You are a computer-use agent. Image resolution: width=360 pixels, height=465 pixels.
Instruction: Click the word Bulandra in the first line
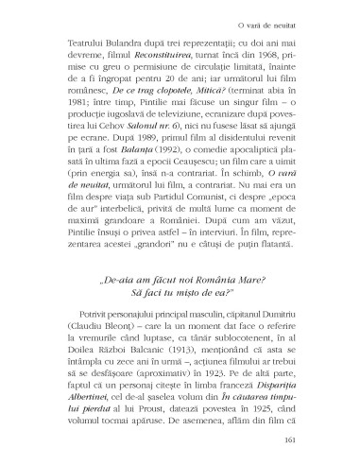point(117,43)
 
